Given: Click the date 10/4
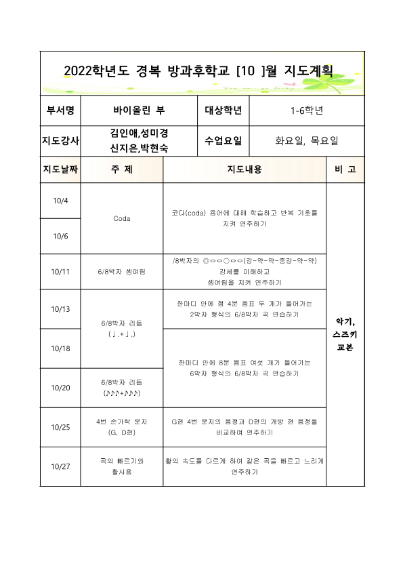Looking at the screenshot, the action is [60, 201].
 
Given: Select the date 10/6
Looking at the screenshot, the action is [60, 236].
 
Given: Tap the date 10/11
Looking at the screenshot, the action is [60, 271].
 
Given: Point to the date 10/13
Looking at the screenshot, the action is [60, 308].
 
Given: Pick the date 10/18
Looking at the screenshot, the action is [60, 348].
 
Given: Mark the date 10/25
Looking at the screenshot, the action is [60, 427].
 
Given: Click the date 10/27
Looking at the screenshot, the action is [60, 466].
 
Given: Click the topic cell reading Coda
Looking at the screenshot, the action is [122, 218].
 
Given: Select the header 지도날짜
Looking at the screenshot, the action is [60, 169].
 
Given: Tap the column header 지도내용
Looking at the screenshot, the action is [244, 169].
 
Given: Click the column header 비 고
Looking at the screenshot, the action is [345, 169].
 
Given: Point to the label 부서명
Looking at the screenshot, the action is [60, 110].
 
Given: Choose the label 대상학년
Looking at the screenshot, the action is [223, 110].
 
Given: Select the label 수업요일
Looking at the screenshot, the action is [223, 141].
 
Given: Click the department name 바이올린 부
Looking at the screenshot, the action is [139, 110].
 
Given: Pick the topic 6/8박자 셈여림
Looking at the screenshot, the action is [122, 271].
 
